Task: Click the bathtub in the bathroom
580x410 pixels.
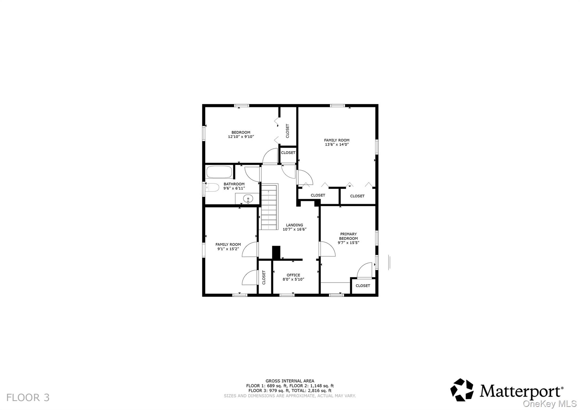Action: click(219, 172)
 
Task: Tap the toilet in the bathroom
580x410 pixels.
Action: click(212, 188)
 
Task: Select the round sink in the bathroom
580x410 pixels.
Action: click(248, 199)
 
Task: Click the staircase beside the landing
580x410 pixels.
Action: click(268, 207)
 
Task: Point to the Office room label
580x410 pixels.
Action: click(293, 275)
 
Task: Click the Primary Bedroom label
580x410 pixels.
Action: click(348, 236)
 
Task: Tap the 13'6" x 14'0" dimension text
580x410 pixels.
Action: click(336, 145)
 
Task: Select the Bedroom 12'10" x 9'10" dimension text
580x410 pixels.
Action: click(241, 137)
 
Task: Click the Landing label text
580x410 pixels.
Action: click(294, 225)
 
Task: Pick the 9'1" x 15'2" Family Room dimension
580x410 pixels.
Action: click(228, 249)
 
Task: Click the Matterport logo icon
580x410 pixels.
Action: click(462, 390)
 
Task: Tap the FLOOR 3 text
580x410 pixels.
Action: click(28, 398)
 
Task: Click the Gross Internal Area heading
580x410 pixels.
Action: click(290, 381)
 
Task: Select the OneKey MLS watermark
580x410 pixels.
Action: click(549, 403)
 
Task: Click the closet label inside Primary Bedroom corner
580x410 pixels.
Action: click(362, 286)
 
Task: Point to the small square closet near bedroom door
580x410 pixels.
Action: click(288, 153)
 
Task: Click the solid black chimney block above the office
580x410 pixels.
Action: click(276, 252)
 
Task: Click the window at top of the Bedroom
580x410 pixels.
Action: click(241, 106)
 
